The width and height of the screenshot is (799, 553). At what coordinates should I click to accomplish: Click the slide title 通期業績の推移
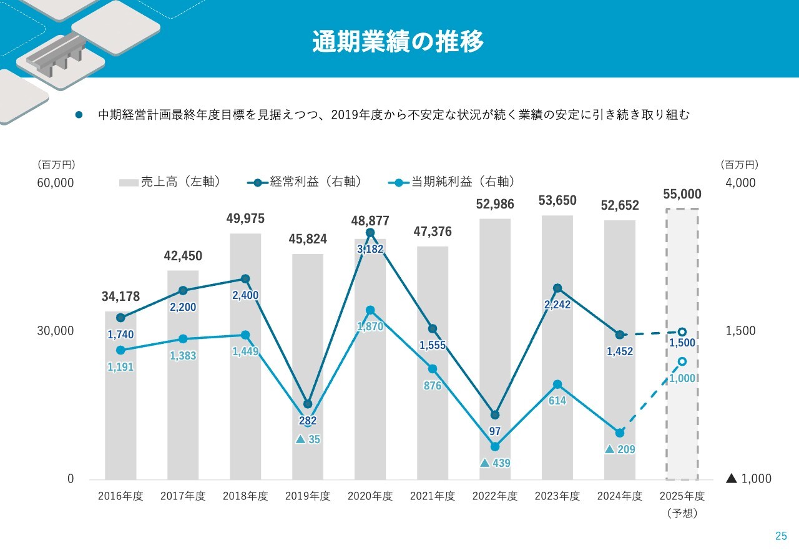[x=398, y=42]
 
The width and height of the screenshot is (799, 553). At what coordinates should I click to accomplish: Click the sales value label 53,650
[x=557, y=200]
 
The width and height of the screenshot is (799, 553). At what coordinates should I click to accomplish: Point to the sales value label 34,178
[x=120, y=296]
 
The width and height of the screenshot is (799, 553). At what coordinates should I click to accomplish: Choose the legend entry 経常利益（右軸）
[x=306, y=182]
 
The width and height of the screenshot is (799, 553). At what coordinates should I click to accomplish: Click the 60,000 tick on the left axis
[x=55, y=183]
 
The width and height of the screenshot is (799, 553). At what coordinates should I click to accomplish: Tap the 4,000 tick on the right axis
[x=741, y=183]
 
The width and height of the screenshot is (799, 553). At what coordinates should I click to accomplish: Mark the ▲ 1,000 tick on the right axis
[x=748, y=479]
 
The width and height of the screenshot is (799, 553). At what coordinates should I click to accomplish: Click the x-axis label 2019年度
[x=308, y=496]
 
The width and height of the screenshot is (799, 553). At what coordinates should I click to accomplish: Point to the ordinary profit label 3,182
[x=370, y=249]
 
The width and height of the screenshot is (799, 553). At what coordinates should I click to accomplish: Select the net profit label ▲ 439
[x=495, y=463]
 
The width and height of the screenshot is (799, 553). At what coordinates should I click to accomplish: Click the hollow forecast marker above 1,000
[x=682, y=361]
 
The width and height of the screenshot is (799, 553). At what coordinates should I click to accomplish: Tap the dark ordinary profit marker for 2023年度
[x=557, y=288]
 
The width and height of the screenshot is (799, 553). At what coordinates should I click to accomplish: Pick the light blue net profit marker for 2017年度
[x=183, y=339]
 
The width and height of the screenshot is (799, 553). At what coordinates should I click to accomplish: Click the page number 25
[x=781, y=536]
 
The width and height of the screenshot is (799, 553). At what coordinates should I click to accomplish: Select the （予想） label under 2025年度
[x=682, y=514]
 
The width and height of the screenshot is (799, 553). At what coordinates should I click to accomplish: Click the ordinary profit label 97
[x=495, y=431]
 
